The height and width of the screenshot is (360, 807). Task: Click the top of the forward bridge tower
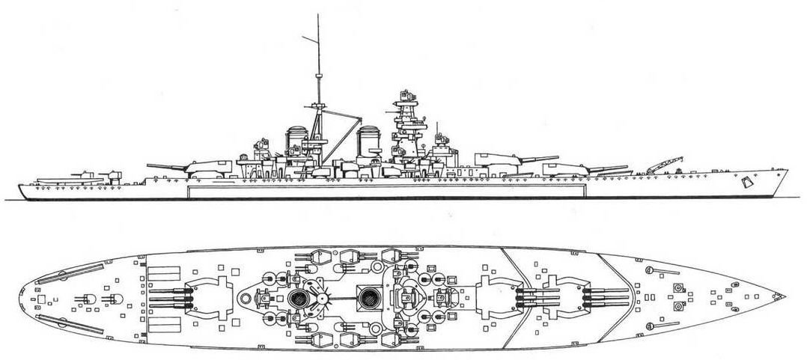pyautogui.click(x=407, y=95)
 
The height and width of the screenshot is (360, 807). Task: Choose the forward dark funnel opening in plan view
pyautogui.click(x=368, y=299)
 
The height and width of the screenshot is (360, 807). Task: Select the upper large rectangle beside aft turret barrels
pyautogui.click(x=162, y=275)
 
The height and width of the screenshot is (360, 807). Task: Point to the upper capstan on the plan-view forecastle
pyautogui.click(x=680, y=288)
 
